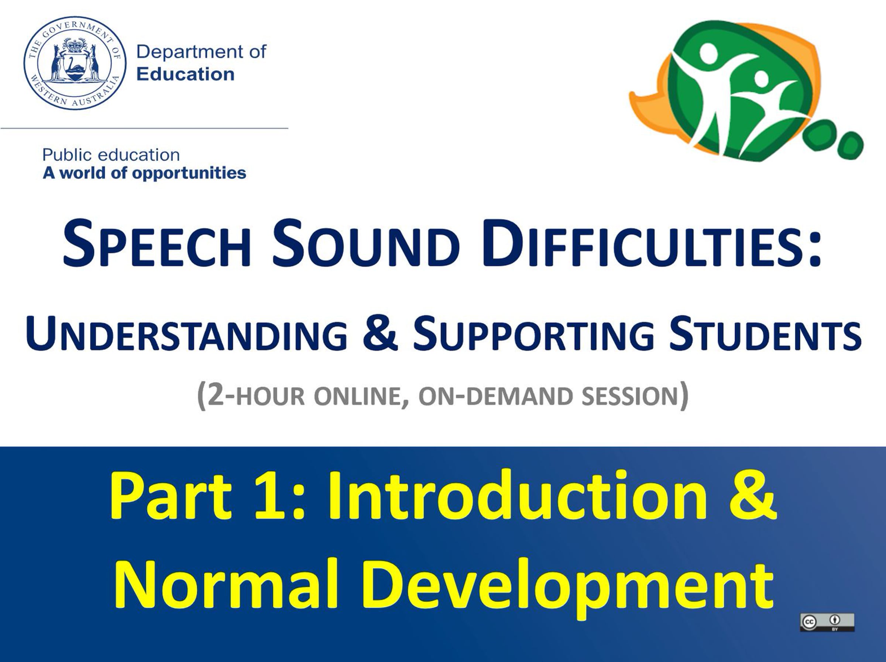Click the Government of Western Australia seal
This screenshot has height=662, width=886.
point(75,63)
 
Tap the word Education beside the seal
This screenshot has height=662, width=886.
point(185,74)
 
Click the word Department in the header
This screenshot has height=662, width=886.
point(190,52)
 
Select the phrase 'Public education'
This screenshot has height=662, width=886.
point(111,155)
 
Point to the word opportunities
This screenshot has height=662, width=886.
point(189,173)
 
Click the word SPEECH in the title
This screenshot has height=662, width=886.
point(157,244)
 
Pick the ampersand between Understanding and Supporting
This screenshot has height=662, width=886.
point(380,333)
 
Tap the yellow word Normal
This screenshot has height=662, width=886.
point(226,583)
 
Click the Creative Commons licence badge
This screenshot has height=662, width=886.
point(827,623)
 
